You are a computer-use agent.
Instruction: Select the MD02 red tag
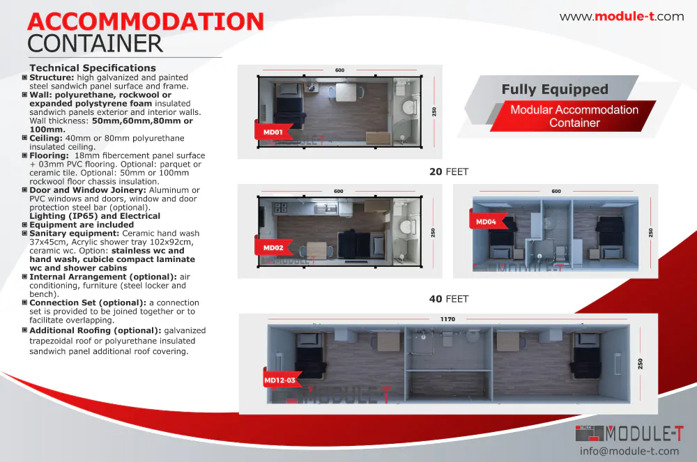click(273, 247)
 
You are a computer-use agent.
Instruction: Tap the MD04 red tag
click(486, 222)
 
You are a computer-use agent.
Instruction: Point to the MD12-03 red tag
click(281, 380)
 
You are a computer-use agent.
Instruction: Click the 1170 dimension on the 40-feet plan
click(447, 319)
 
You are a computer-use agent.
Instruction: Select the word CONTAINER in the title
click(95, 44)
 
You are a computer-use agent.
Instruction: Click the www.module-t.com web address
click(622, 17)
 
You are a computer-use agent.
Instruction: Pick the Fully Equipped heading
click(555, 89)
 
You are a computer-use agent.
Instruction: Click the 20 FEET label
click(448, 171)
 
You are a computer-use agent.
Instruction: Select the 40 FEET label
click(448, 299)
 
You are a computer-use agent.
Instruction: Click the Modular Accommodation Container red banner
click(574, 116)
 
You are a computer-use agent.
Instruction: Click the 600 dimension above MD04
click(556, 191)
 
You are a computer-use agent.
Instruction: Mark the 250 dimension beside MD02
click(434, 233)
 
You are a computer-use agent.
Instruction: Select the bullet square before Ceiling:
click(25, 139)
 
